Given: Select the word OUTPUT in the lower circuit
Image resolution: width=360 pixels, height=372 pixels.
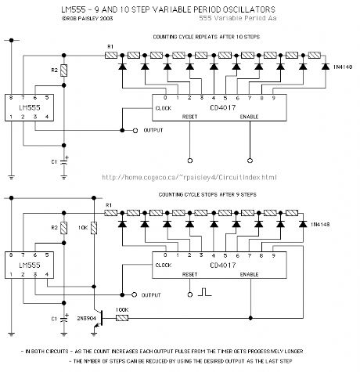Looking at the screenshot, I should click(156, 296).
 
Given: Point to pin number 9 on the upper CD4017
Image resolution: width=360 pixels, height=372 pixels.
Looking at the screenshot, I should click(272, 99).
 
